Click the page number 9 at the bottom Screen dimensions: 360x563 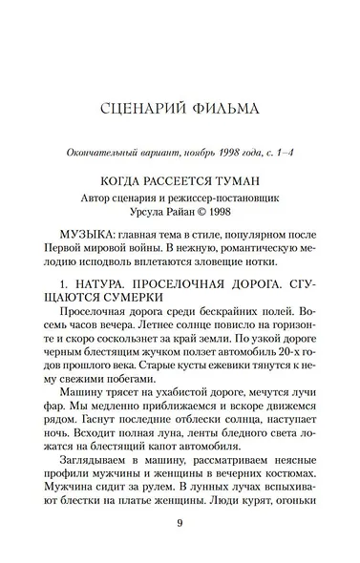tap(179, 524)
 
